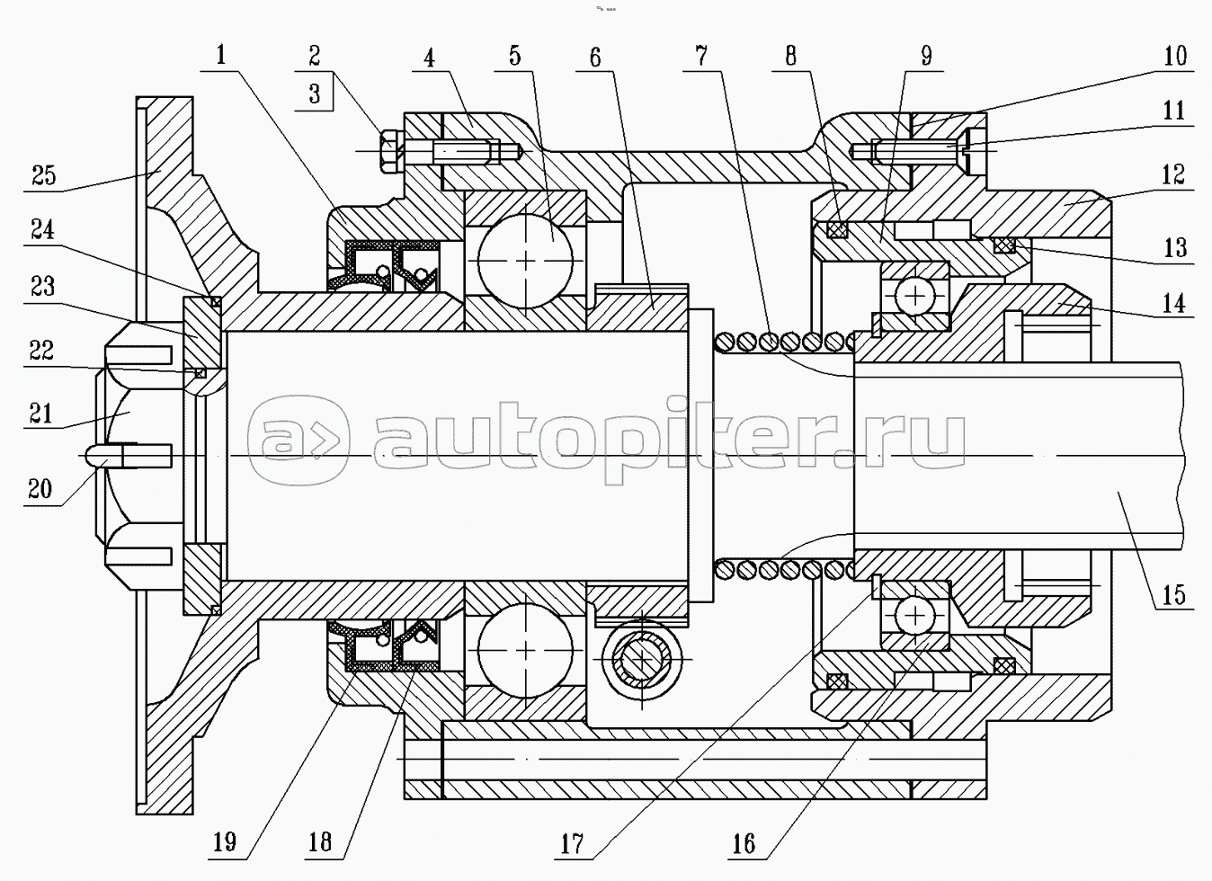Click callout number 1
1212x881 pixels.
pos(221,56)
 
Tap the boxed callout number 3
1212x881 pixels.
pos(315,94)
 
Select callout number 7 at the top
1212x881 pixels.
pos(701,56)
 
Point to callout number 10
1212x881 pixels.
pos(1175,56)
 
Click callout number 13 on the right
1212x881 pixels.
pos(1175,248)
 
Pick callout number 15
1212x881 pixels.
pos(1174,595)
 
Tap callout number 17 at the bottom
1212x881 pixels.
pos(573,843)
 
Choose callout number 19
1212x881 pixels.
pos(225,841)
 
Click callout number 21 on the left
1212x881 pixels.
pos(41,414)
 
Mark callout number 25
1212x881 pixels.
pos(43,176)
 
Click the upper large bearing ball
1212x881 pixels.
pos(525,261)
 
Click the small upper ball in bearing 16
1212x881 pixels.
pos(915,296)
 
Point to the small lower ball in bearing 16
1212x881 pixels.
pos(915,615)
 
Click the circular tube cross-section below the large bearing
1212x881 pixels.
pos(641,660)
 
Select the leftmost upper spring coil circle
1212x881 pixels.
pos(725,342)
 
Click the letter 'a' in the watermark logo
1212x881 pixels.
pos(275,441)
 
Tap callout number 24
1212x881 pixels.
pos(42,229)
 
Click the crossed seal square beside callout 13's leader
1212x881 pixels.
pos(1003,245)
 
